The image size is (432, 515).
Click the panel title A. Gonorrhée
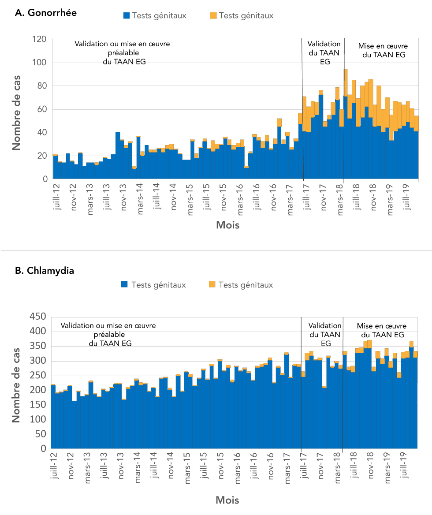46,13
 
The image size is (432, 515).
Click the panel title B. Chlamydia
45,271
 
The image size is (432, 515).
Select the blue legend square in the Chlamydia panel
125,285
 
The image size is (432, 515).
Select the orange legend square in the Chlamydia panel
212,285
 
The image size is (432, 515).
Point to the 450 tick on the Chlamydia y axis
38,317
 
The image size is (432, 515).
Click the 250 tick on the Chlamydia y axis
38,376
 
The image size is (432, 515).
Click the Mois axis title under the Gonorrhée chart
228,225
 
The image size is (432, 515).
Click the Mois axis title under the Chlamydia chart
227,500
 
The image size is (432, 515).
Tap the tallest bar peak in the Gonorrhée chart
346,70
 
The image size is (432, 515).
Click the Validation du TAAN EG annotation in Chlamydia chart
324,335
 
